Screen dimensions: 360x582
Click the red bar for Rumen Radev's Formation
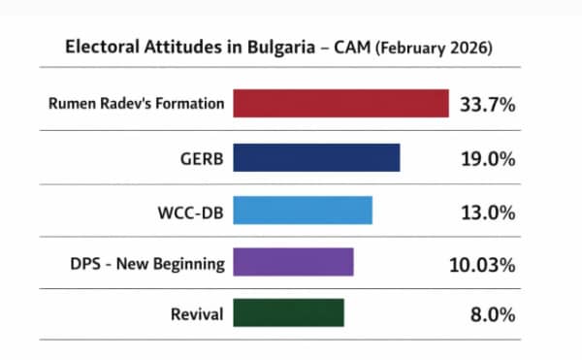[340, 104]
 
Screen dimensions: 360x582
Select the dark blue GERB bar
[316, 157]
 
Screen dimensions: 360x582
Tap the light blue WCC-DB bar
[303, 210]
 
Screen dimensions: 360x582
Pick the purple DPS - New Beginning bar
[293, 262]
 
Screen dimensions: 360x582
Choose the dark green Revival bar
[289, 314]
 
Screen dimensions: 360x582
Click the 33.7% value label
[487, 105]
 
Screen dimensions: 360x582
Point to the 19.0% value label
[487, 157]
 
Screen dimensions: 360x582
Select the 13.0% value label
[487, 210]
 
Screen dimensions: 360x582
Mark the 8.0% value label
[492, 314]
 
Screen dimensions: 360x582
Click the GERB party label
[200, 157]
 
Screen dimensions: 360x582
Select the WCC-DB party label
[191, 210]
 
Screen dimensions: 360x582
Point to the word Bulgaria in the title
[256, 47]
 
